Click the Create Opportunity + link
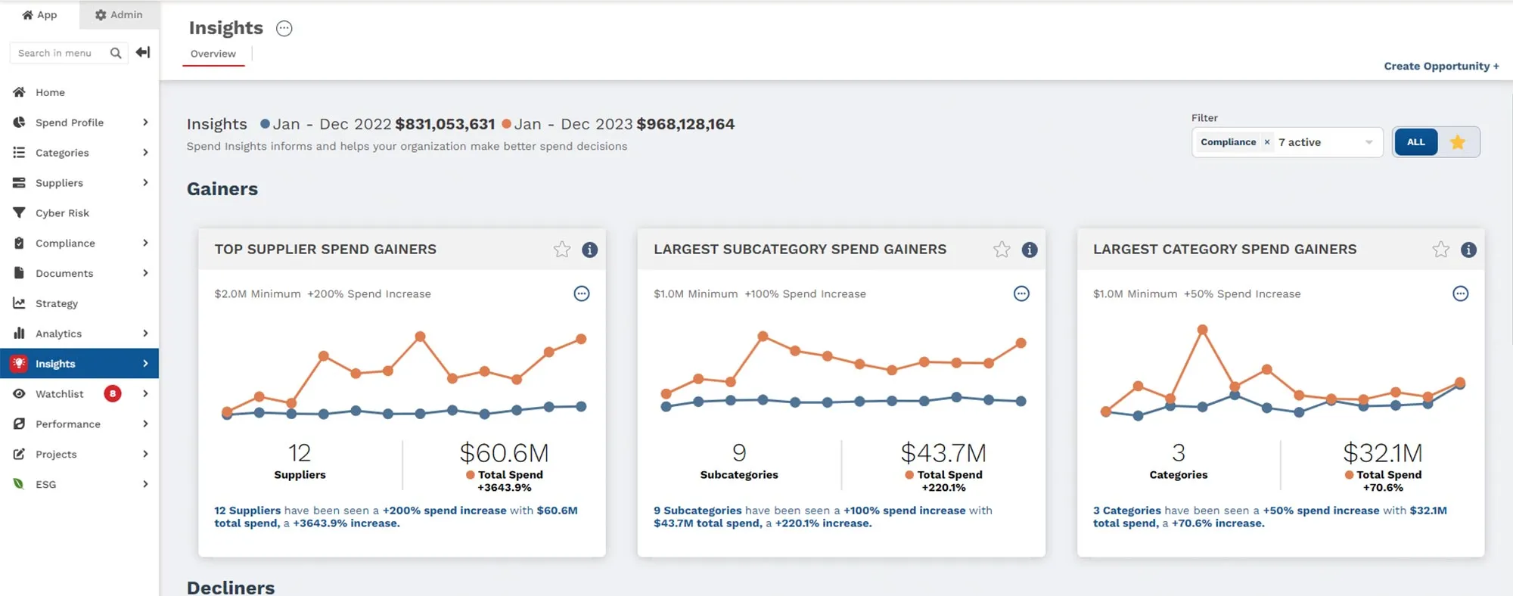pos(1440,66)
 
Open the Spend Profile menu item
pos(70,123)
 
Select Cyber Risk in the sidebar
pos(62,213)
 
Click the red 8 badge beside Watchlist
pos(113,393)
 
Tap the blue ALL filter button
pos(1415,142)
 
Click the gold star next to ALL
pos(1458,142)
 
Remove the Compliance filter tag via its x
pos(1267,142)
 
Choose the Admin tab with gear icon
pos(119,14)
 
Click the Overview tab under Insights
pos(213,54)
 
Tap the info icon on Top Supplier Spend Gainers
pos(590,250)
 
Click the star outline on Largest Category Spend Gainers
pos(1440,250)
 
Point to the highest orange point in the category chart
pos(1202,330)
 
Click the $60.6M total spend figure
pos(504,453)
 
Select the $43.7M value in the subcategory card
pos(943,453)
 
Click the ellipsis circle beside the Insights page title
pos(284,29)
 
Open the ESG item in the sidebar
pos(46,484)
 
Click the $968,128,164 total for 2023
pos(685,124)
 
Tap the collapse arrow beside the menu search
pos(143,52)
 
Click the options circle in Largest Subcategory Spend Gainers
pos(1021,293)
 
